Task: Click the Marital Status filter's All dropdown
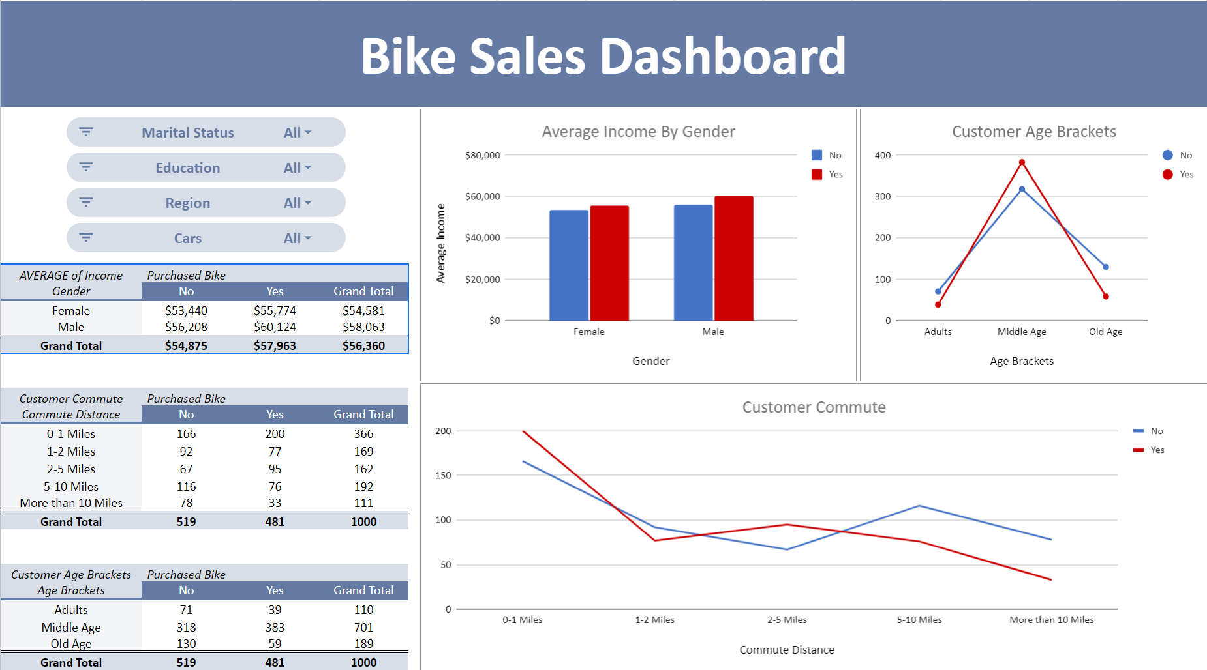click(298, 132)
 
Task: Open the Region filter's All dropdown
click(298, 203)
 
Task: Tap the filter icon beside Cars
click(86, 237)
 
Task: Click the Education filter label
click(188, 167)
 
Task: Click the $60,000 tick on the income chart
click(482, 196)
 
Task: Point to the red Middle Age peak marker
click(1022, 162)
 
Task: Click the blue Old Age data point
click(1105, 267)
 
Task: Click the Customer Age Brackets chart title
click(1033, 132)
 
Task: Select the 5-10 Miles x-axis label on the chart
click(919, 620)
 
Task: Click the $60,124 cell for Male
click(275, 327)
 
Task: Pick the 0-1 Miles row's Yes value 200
click(275, 433)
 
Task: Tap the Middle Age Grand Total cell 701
click(363, 627)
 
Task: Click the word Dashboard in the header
click(722, 56)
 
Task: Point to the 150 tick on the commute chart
click(443, 475)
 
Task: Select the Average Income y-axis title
click(440, 243)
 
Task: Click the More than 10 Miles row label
click(71, 502)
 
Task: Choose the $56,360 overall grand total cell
click(363, 345)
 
